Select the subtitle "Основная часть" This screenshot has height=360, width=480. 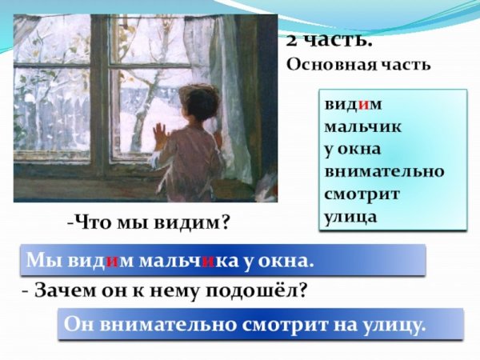point(358,65)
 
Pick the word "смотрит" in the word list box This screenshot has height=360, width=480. point(362,193)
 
